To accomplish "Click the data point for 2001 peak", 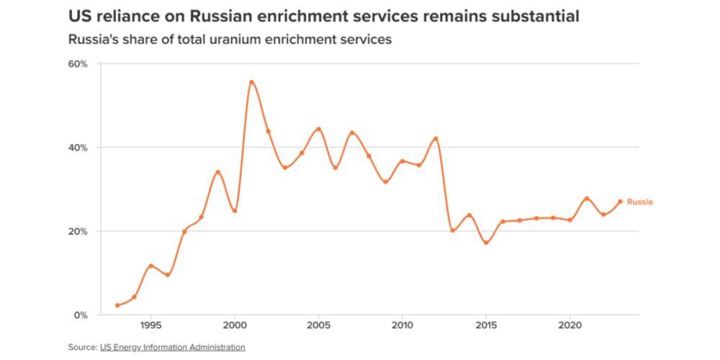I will tap(251, 82).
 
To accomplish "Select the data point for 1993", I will tap(117, 305).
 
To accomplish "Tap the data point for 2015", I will tap(486, 243).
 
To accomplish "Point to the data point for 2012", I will tap(436, 138).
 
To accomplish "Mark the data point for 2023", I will tap(620, 202).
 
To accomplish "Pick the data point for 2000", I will tap(235, 211).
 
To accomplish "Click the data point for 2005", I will tap(318, 130).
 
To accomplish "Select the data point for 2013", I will tap(452, 230).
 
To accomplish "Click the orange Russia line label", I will tap(639, 202).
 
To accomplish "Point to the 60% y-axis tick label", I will tap(78, 63).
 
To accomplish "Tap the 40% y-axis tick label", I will tap(78, 148).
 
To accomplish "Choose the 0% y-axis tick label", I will tap(80, 315).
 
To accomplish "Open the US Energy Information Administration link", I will tap(173, 347).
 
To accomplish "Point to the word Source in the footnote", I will tap(82, 347).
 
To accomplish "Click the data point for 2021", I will tap(587, 199).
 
